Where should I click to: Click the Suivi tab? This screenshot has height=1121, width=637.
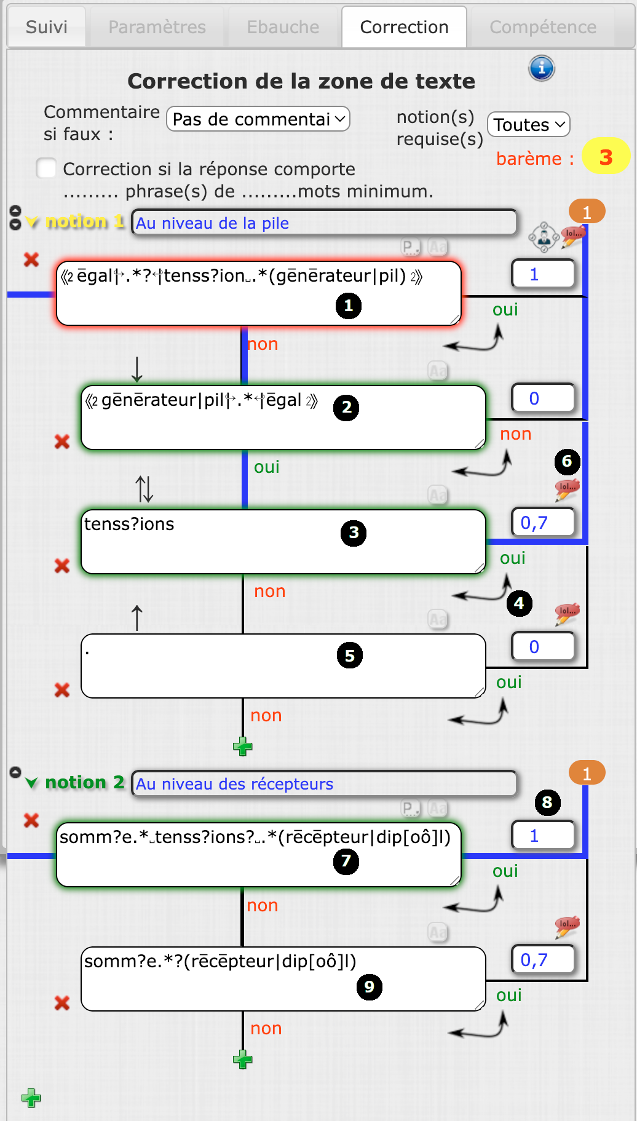coord(47,27)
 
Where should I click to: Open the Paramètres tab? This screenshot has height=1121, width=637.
coord(157,27)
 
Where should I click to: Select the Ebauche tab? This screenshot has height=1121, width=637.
coord(283,27)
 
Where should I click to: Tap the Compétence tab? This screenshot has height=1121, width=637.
coord(542,27)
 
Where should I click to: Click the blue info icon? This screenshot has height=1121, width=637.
coord(542,68)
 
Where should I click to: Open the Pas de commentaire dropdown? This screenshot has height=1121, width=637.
coord(258,119)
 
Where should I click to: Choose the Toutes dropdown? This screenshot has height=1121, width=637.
coord(528,125)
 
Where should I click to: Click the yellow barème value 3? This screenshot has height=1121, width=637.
coord(606,157)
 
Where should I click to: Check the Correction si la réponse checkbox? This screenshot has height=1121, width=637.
coord(47,168)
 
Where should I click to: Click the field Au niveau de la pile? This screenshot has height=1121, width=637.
coord(324,223)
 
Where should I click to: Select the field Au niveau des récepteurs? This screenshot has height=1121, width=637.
coord(324,783)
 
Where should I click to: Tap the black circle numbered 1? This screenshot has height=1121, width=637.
coord(349,306)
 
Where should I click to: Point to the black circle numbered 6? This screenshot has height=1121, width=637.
coord(567,461)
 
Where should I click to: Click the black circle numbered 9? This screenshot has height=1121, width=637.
coord(369,987)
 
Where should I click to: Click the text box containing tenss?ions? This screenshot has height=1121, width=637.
coord(283,542)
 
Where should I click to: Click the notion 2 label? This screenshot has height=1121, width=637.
coord(85,782)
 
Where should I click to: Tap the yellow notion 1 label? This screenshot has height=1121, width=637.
coord(85,221)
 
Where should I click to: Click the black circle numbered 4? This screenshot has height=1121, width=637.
coord(519,603)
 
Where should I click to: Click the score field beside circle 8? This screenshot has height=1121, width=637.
coord(543,836)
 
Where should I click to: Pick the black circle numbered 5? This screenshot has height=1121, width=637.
coord(350,656)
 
